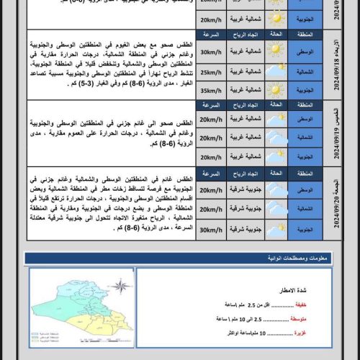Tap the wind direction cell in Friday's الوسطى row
tap(242, 190)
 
